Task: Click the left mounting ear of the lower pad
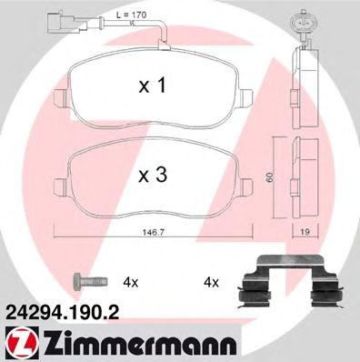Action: click(x=58, y=189)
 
